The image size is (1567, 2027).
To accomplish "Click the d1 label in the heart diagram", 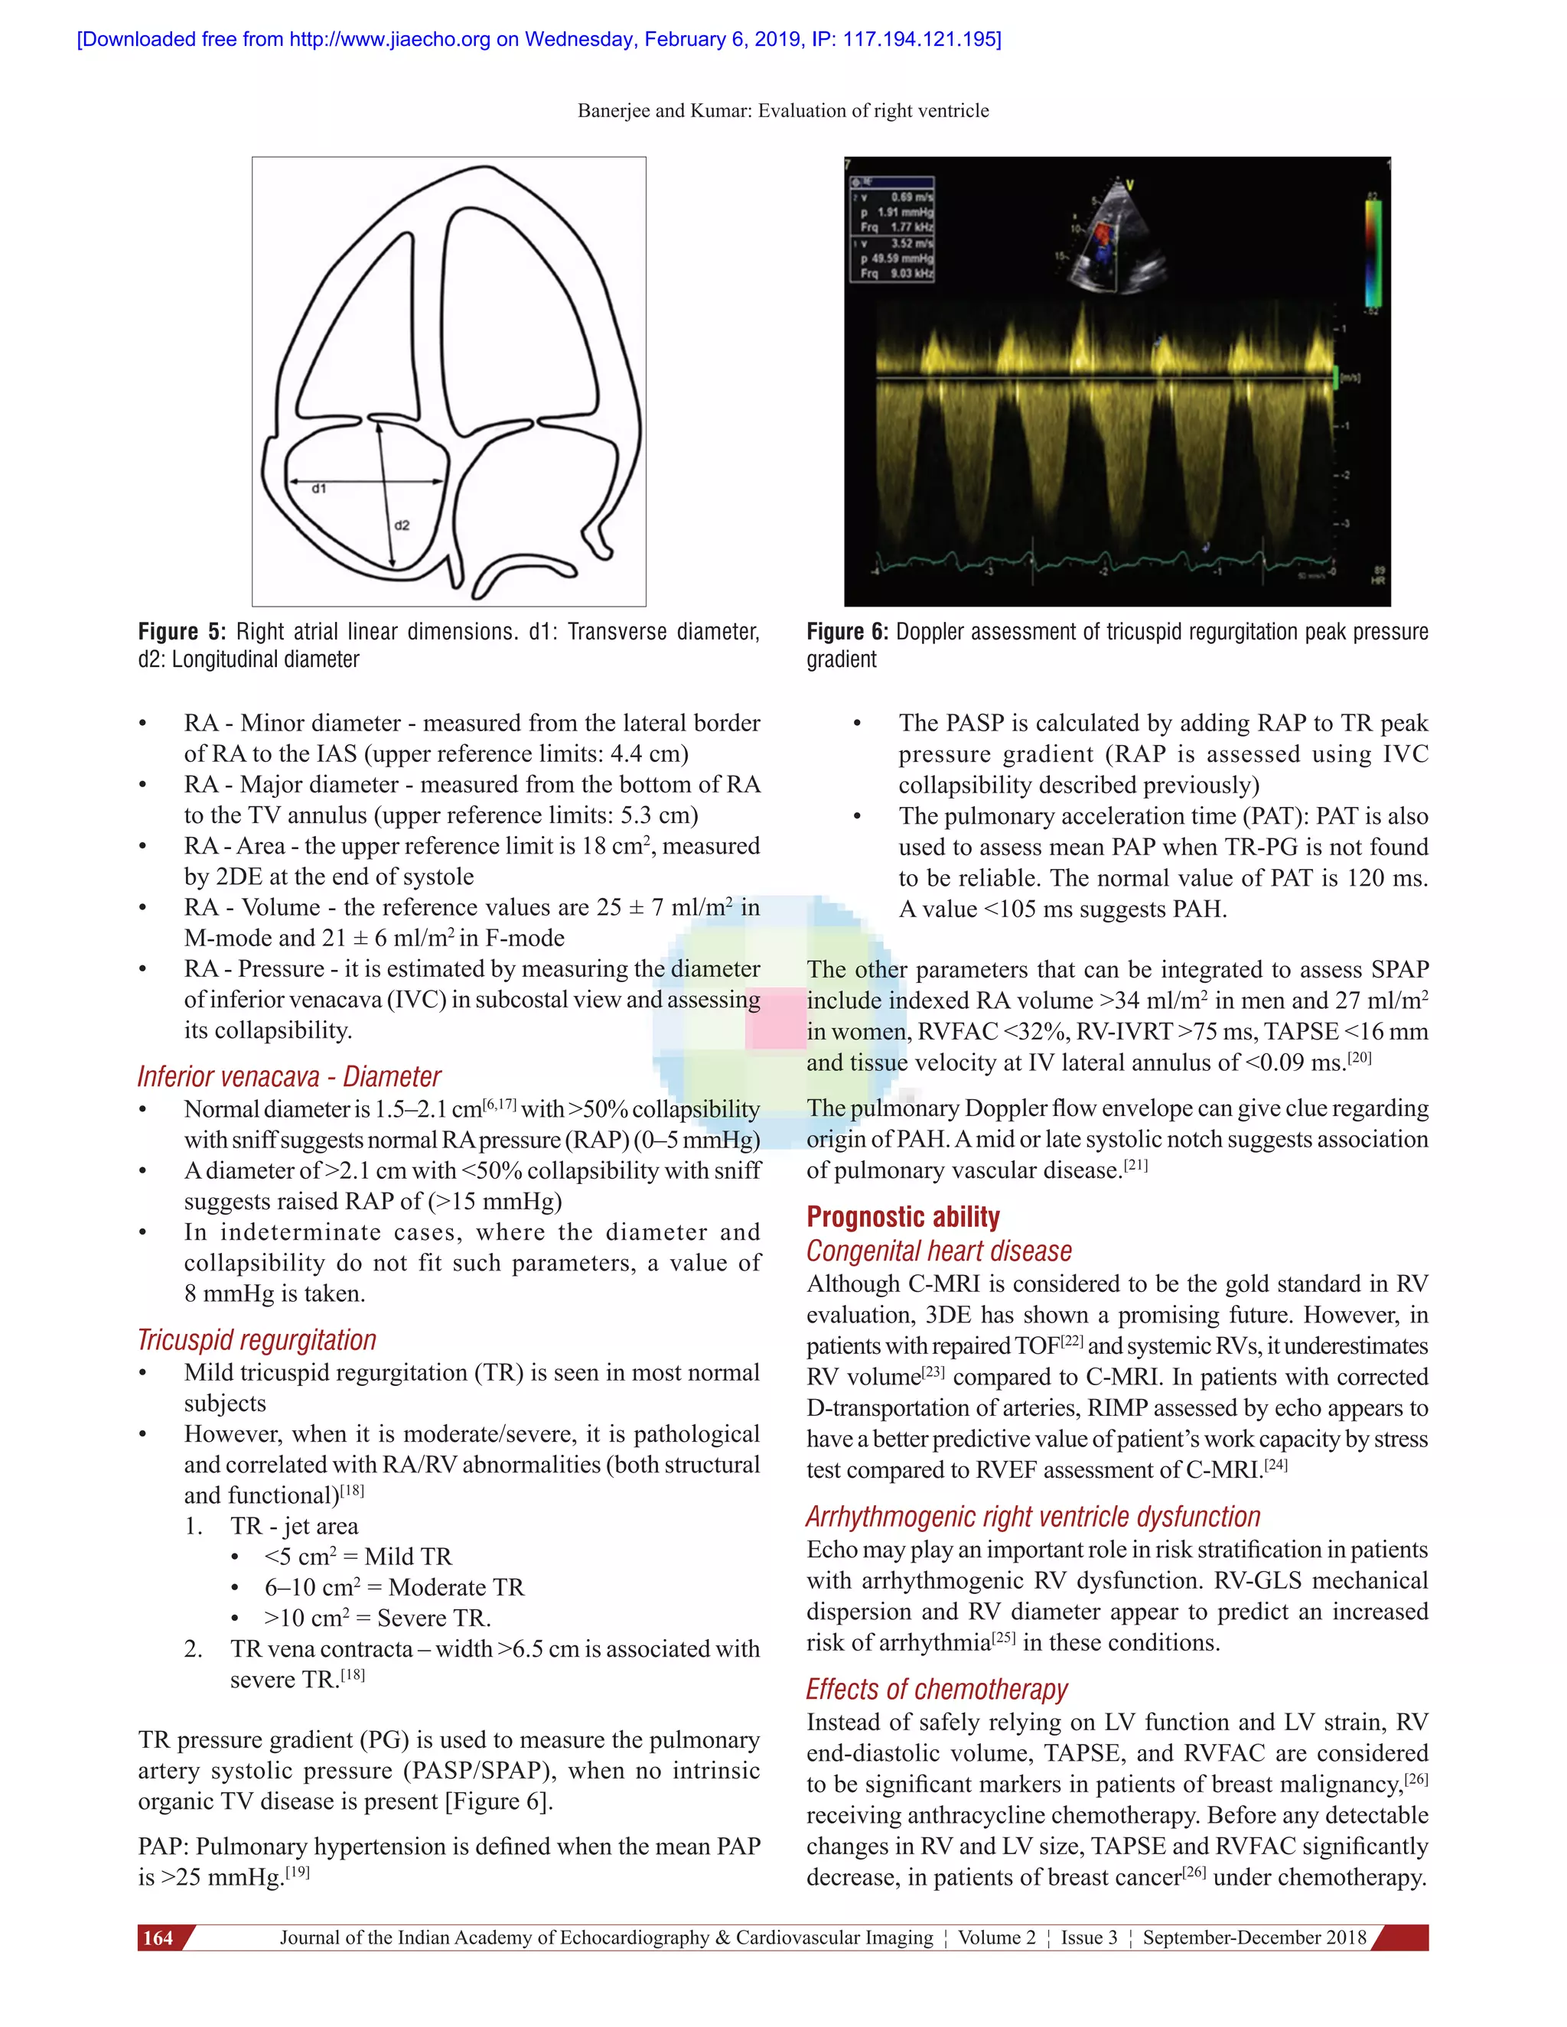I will click(319, 488).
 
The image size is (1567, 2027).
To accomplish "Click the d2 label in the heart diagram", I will click(402, 525).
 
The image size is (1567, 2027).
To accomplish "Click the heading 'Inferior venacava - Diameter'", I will click(288, 1077).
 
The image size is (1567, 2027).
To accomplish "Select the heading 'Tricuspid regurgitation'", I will click(256, 1340).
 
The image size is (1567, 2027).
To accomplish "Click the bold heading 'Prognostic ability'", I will click(902, 1217).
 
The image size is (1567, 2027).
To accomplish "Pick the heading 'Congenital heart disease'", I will click(939, 1251).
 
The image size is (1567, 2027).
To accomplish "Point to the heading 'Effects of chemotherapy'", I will click(937, 1689).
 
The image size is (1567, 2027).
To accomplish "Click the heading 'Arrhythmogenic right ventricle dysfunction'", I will click(1032, 1517).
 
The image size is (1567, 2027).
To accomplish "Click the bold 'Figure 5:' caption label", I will click(182, 632).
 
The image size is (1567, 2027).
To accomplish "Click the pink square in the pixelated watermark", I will click(776, 1018).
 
